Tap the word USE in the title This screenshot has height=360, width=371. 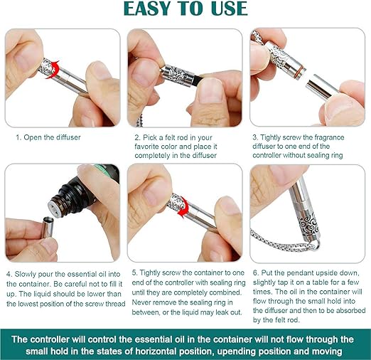pyautogui.click(x=229, y=9)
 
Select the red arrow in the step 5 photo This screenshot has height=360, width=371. pyautogui.click(x=183, y=208)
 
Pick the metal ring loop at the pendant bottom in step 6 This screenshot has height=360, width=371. pyautogui.click(x=316, y=245)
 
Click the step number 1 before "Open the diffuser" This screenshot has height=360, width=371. pyautogui.click(x=18, y=137)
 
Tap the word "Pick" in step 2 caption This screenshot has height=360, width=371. pyautogui.click(x=149, y=137)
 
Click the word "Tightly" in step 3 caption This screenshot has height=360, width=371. pyautogui.click(x=271, y=137)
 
